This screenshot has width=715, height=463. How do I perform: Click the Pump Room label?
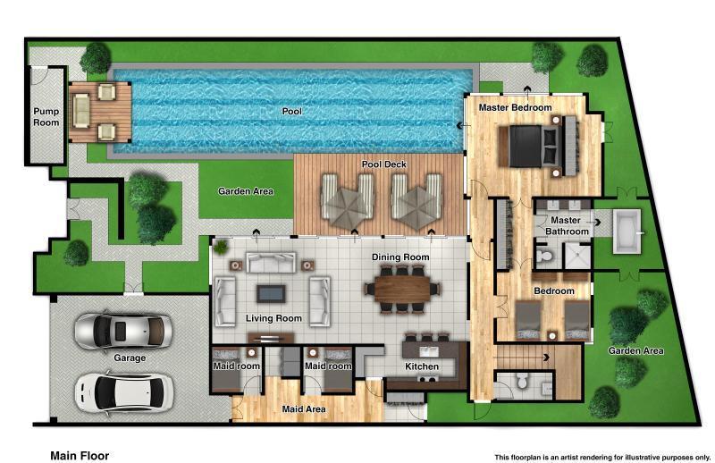click(46, 117)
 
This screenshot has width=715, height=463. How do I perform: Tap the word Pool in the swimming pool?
click(291, 112)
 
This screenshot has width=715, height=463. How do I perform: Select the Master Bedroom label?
click(515, 107)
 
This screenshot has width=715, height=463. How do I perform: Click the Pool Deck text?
click(384, 165)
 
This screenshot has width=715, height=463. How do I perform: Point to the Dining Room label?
click(400, 257)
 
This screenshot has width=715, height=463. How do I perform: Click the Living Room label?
click(273, 318)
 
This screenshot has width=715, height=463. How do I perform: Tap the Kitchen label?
click(422, 366)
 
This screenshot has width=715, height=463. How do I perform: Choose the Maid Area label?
click(304, 409)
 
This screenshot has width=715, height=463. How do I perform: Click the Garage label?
click(130, 358)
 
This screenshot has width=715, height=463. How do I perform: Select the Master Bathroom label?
click(569, 225)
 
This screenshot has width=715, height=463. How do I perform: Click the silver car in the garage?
click(122, 331)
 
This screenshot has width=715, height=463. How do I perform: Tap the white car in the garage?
click(123, 390)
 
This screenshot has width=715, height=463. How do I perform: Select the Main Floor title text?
click(80, 455)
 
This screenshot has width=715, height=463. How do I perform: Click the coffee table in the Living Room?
click(269, 291)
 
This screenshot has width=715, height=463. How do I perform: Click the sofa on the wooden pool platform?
click(82, 111)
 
